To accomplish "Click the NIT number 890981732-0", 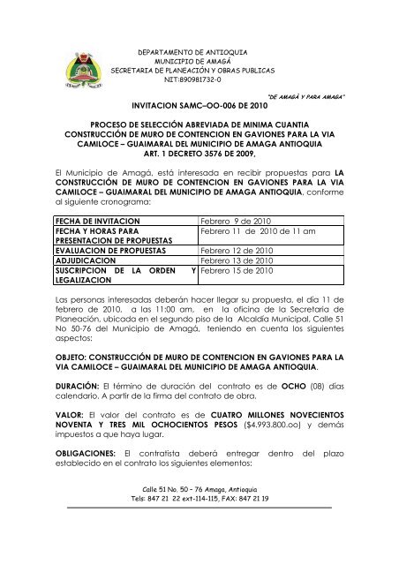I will click(199, 79).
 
